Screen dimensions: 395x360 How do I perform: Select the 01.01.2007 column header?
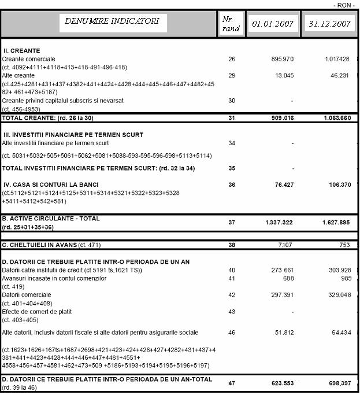point(272,24)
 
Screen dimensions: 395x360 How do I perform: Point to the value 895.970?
point(283,59)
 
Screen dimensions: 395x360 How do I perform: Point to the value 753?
point(344,245)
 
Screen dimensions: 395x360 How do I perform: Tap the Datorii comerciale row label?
point(27,294)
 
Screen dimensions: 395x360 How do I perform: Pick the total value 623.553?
point(281,382)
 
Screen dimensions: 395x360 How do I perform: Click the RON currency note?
point(345,5)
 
